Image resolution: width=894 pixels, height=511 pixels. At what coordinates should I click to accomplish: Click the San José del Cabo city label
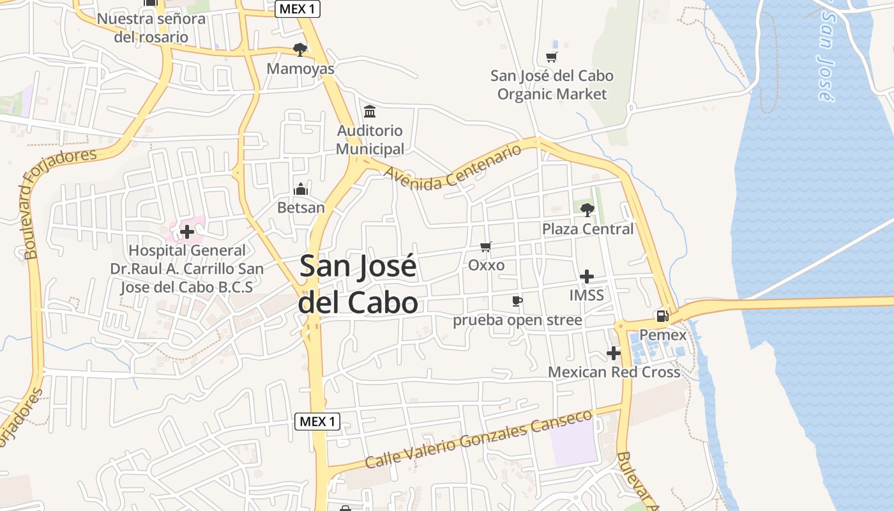click(358, 284)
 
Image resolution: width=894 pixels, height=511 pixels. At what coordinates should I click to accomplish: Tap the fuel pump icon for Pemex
click(662, 316)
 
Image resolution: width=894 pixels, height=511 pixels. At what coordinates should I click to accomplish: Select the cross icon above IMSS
click(586, 277)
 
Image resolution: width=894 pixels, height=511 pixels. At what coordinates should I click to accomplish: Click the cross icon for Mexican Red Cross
click(614, 353)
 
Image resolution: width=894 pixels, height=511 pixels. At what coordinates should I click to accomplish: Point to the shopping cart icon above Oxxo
click(486, 247)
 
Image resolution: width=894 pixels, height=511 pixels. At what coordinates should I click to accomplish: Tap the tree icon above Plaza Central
click(587, 209)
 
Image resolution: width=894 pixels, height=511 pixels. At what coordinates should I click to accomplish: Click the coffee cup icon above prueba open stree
click(517, 301)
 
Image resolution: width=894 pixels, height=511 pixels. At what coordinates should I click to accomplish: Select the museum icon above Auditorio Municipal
click(369, 112)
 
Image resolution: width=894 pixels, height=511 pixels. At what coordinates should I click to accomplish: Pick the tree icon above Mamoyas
click(299, 49)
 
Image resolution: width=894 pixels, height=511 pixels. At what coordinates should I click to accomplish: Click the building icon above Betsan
click(300, 189)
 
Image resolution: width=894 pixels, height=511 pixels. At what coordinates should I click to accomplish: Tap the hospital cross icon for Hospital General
click(186, 232)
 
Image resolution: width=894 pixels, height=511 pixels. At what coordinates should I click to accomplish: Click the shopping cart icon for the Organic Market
click(551, 57)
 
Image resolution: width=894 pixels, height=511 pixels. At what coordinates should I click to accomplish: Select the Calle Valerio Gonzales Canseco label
click(478, 440)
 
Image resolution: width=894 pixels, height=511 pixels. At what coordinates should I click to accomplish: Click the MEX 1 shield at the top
click(298, 9)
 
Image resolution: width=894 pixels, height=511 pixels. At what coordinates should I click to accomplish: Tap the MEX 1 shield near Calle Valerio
click(317, 422)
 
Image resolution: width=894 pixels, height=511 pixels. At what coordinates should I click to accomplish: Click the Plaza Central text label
click(587, 229)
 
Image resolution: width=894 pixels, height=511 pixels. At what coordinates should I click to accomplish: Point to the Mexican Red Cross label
click(614, 372)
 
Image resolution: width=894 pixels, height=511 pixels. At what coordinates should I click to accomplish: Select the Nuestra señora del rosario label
click(151, 27)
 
